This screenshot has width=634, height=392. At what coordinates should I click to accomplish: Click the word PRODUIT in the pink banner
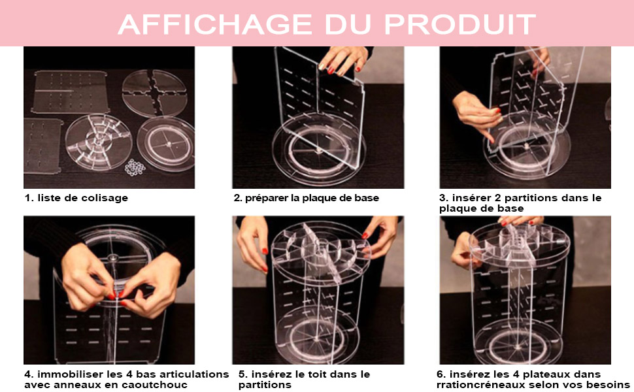460,24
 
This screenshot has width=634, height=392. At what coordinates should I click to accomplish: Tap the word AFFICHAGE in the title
214,24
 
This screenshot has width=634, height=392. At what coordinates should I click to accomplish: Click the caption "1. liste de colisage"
76,198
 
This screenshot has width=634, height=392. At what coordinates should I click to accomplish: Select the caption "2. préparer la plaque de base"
307,198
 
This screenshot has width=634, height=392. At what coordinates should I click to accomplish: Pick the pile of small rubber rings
135,167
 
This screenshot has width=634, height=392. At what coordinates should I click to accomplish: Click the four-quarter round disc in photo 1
154,93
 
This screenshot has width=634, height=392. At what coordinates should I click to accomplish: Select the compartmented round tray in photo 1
99,142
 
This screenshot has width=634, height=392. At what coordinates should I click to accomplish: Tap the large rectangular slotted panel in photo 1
71,91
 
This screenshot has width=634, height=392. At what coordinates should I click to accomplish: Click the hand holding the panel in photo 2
343,60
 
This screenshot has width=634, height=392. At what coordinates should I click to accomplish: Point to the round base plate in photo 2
318,150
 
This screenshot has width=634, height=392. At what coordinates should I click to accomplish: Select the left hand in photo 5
253,242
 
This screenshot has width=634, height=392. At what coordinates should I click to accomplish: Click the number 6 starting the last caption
441,374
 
